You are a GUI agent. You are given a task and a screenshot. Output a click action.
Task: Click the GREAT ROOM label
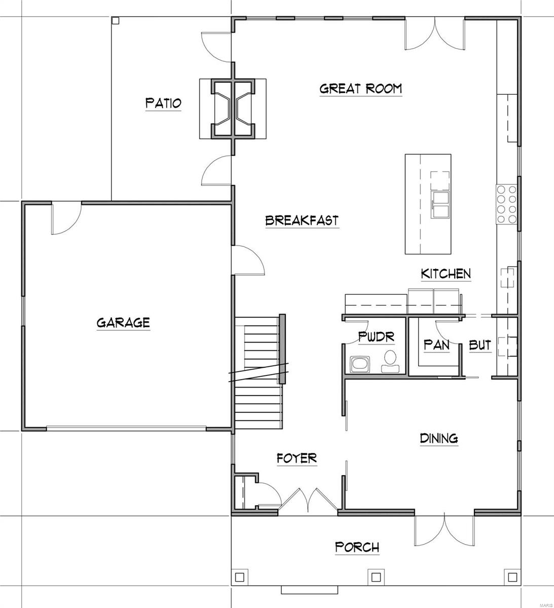(x=360, y=88)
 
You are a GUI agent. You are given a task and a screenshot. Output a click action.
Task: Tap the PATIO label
(x=163, y=103)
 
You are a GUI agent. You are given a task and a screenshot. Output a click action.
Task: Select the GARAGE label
(x=123, y=322)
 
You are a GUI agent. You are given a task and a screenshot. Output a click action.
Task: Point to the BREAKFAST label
(x=302, y=221)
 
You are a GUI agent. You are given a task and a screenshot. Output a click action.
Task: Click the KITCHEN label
(x=446, y=274)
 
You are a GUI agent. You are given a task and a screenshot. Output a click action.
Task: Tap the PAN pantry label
(x=436, y=345)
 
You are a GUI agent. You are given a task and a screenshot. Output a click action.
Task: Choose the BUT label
(x=479, y=345)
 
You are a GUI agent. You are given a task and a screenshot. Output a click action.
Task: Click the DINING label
(x=439, y=438)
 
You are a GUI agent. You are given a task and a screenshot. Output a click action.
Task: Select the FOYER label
(x=297, y=458)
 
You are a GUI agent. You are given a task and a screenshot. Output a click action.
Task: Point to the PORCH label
(x=357, y=547)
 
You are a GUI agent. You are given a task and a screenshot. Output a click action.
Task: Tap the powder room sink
(x=360, y=364)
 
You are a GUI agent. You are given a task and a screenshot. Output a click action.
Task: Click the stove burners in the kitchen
(x=506, y=204)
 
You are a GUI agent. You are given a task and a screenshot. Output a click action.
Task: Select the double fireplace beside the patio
(x=233, y=108)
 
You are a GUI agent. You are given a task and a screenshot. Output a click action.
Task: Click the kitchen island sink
(x=440, y=204)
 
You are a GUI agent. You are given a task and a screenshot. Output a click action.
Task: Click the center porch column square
(x=376, y=577)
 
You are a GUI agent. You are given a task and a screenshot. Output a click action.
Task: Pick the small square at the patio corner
(x=116, y=21)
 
